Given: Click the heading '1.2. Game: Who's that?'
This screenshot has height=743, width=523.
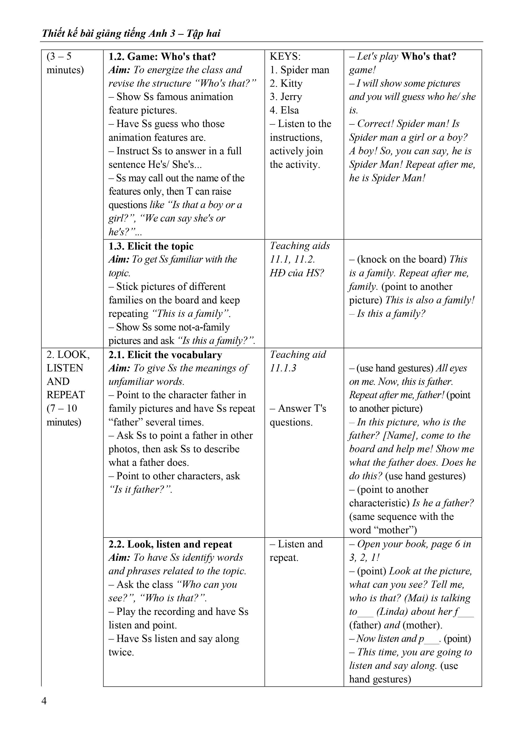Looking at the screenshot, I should pyautogui.click(x=162, y=57).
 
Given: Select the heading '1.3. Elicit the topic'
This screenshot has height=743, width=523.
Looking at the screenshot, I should pyautogui.click(x=151, y=246).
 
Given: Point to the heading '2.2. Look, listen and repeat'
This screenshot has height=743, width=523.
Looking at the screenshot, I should pyautogui.click(x=170, y=544).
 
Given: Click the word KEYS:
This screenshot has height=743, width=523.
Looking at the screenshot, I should pyautogui.click(x=285, y=57).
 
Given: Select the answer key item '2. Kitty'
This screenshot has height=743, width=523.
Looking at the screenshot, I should pyautogui.click(x=286, y=83).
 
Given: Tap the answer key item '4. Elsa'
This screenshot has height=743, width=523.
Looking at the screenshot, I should pyautogui.click(x=284, y=110).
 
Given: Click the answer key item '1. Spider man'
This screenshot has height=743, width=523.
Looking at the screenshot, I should pyautogui.click(x=299, y=70).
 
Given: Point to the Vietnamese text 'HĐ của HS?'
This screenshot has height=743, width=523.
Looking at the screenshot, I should pyautogui.click(x=297, y=273).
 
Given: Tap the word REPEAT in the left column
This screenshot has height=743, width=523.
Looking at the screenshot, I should pyautogui.click(x=66, y=395).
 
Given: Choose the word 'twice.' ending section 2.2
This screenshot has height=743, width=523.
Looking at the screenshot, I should pyautogui.click(x=121, y=652).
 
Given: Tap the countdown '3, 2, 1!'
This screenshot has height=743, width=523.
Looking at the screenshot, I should pyautogui.click(x=364, y=558).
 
